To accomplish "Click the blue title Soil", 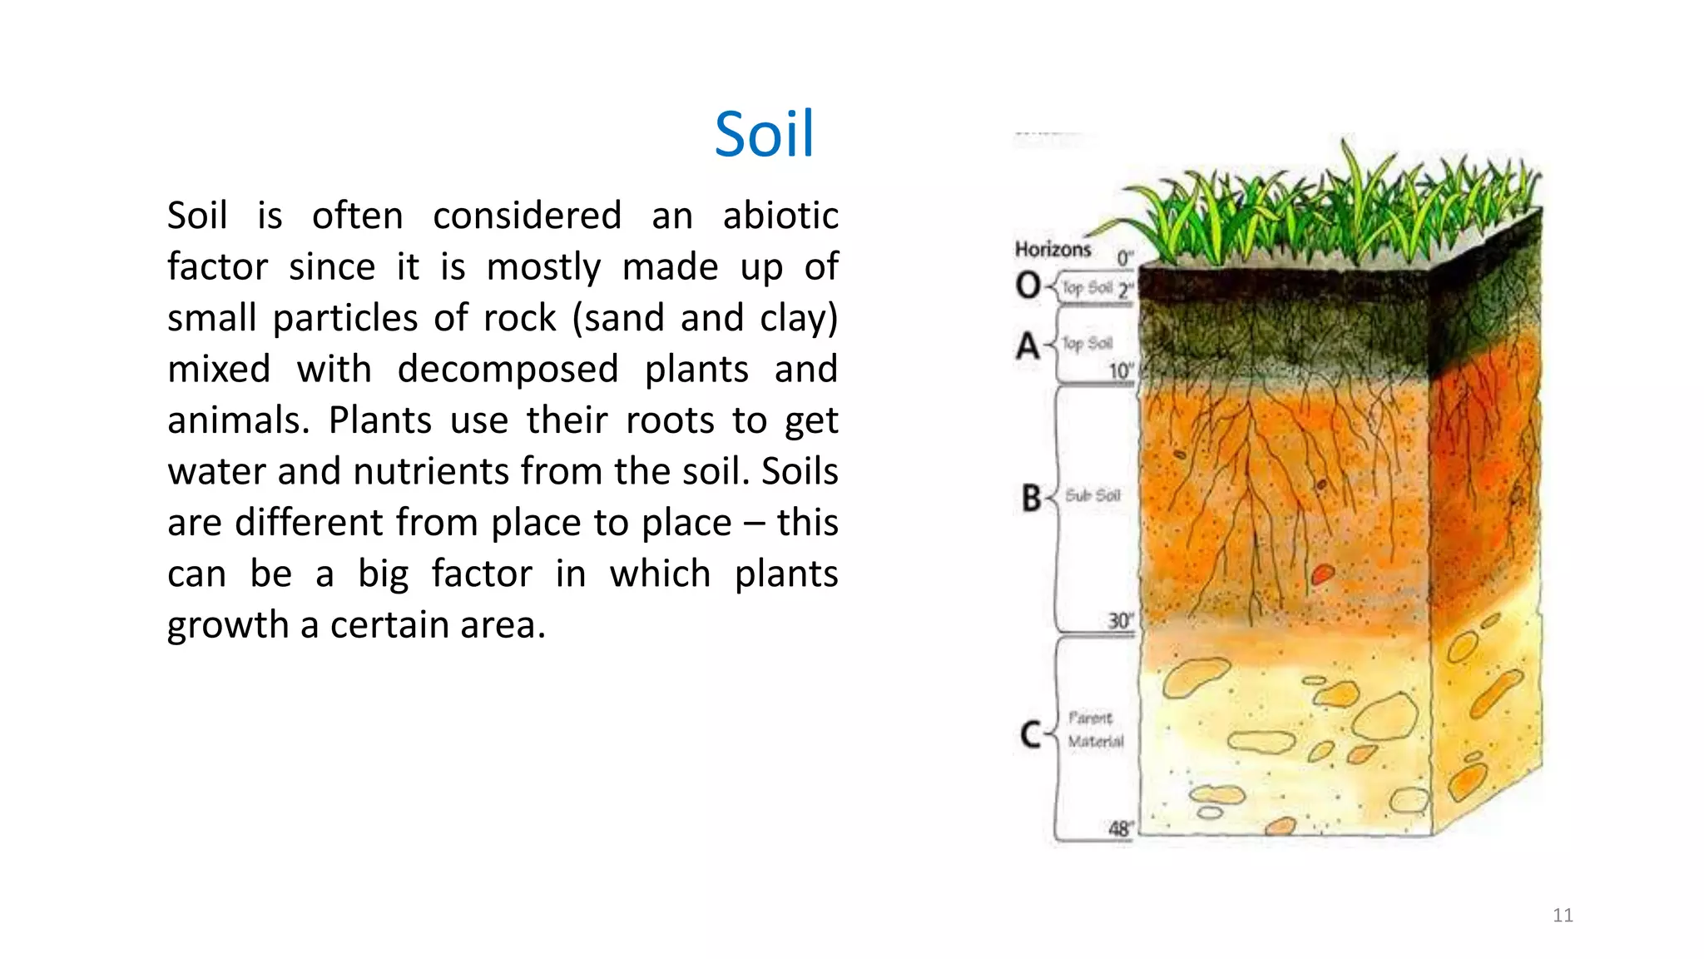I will [x=764, y=134].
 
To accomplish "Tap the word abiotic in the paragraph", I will [x=780, y=216].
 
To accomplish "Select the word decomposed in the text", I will [x=508, y=369].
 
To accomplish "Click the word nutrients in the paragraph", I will [x=432, y=471].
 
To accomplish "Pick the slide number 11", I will [x=1562, y=916].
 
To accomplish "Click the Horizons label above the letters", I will [x=1052, y=249].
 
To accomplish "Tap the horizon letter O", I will [x=1028, y=286].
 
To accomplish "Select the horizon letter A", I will [x=1028, y=345].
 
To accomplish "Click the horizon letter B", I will [x=1031, y=498].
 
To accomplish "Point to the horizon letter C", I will [x=1030, y=734].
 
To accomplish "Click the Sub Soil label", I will [x=1092, y=495].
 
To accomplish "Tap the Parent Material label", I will [x=1094, y=729].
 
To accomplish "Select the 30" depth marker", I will [x=1120, y=621].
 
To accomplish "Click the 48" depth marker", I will [x=1120, y=828].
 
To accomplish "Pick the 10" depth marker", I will [x=1120, y=370].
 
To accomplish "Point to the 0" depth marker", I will [x=1124, y=258].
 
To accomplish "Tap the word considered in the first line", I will [x=527, y=216].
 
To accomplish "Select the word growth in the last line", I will [x=227, y=625].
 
